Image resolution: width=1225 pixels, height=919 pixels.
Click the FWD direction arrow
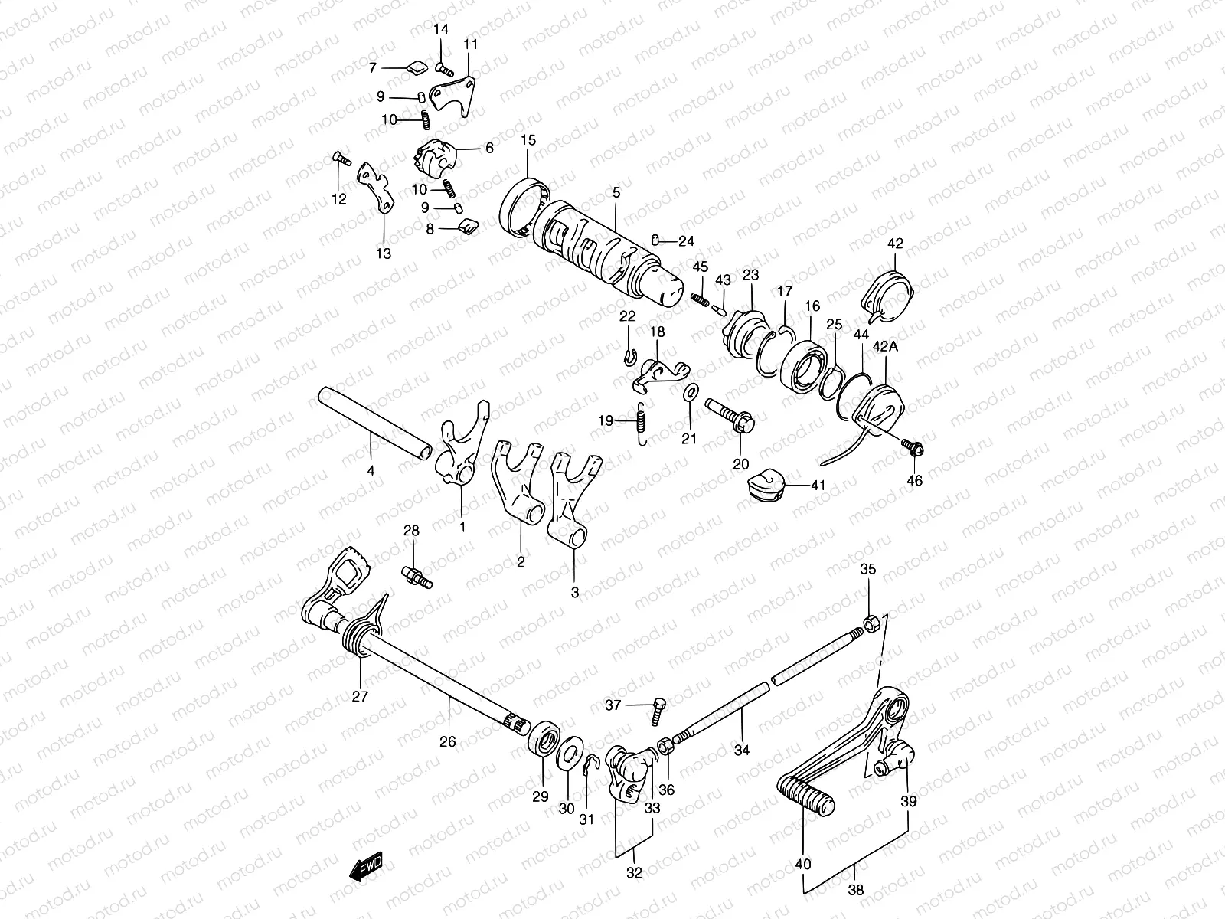365,867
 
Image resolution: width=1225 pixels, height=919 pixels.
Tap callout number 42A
884,347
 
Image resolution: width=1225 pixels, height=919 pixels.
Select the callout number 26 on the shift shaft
448,741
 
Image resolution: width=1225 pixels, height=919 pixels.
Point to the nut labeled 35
870,623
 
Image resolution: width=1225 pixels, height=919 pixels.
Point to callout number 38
856,891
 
